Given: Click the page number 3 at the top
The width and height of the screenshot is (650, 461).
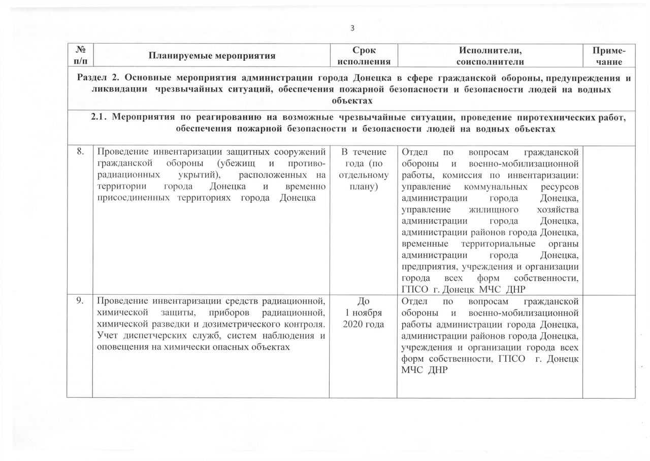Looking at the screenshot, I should coord(352,28).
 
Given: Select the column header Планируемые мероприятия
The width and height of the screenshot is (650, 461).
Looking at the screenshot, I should coord(212,56).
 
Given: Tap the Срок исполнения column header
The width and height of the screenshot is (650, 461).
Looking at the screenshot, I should coord(363,56).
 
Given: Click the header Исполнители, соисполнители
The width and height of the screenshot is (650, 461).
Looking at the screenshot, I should coord(490,56).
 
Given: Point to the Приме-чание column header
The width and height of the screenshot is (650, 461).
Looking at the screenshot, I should coord(609,56).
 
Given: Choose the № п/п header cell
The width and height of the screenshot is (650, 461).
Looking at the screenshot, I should coord(80,56).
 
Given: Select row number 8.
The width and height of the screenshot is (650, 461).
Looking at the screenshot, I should coord(80,151).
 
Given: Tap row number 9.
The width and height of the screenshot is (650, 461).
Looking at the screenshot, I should coord(80,300).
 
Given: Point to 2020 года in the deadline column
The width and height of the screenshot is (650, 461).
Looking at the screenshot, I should coord(363,324).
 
